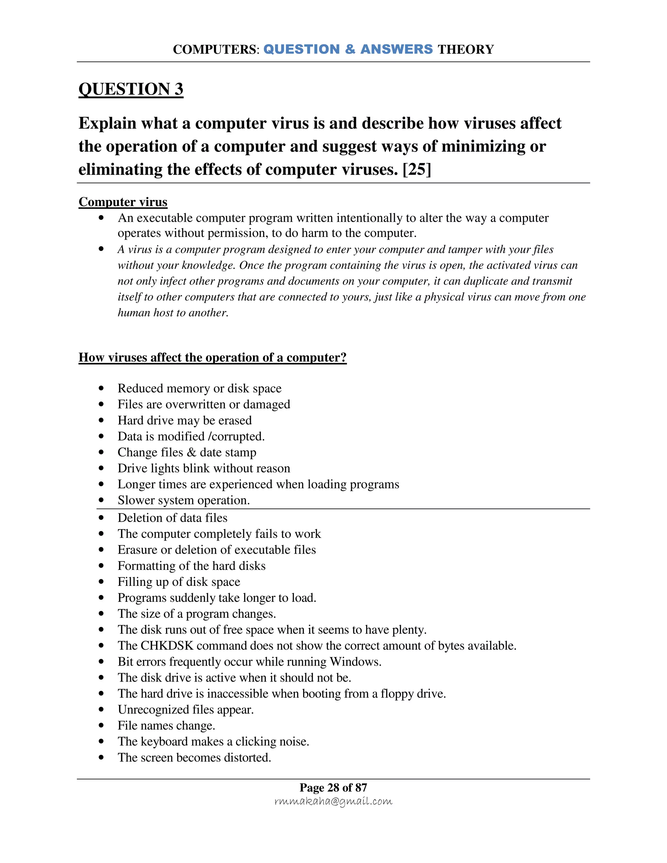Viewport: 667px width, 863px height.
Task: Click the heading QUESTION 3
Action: (x=131, y=89)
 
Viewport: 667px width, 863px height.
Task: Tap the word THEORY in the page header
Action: (x=465, y=50)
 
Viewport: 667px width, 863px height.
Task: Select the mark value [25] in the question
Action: (x=417, y=170)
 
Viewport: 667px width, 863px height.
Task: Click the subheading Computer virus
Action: (x=123, y=202)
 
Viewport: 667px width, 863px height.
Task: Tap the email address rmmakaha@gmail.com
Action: (x=333, y=801)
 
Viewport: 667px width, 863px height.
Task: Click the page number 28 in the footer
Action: (x=333, y=787)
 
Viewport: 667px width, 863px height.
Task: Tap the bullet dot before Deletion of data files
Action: (x=101, y=518)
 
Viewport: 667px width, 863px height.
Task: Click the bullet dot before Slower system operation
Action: (x=101, y=500)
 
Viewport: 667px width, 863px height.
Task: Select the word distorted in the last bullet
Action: (x=248, y=757)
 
